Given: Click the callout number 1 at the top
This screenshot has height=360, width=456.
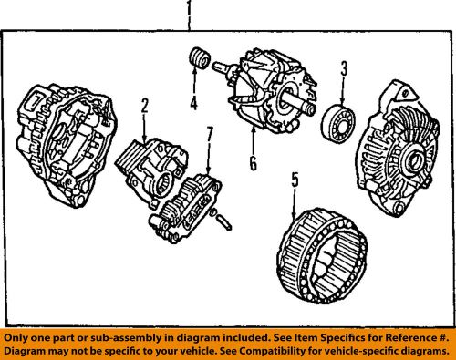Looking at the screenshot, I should (189, 13).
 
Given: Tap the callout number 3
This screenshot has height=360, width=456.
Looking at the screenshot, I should (345, 68).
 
